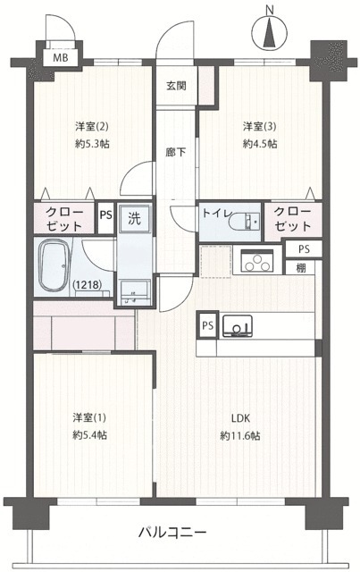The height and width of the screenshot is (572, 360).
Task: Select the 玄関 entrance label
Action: (175, 86)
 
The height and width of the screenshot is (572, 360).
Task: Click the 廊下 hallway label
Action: (175, 152)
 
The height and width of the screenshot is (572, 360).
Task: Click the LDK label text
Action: (241, 417)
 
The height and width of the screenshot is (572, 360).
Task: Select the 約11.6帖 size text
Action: (241, 435)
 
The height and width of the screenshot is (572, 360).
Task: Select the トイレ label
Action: (218, 214)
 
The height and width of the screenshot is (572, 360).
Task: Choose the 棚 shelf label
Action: (305, 266)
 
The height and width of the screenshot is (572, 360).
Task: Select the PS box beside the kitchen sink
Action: (208, 325)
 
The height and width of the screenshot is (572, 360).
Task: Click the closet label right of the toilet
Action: (293, 219)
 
